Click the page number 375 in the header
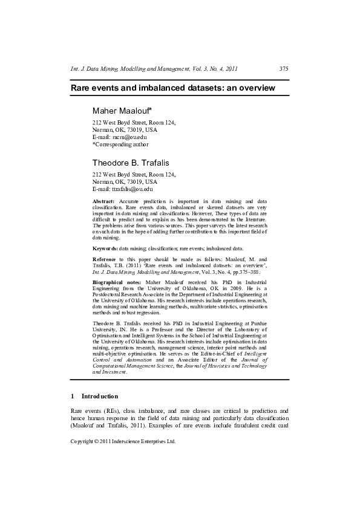click(284, 69)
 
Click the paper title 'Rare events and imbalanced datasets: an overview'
click(173, 88)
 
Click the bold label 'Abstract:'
click(103, 200)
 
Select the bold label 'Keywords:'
click(105, 248)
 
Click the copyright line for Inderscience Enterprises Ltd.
click(123, 441)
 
